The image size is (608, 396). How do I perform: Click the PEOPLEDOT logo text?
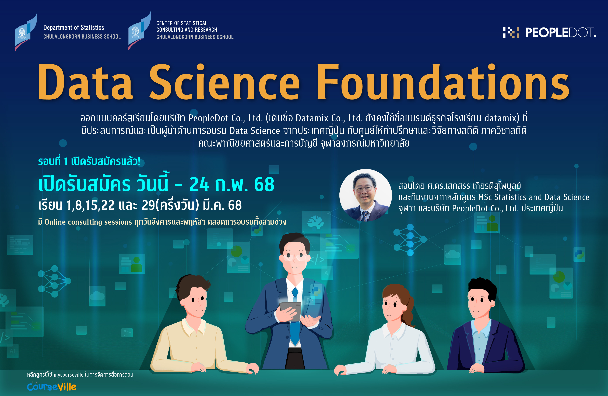[x=560, y=33]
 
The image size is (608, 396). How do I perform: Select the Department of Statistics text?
[x=74, y=28]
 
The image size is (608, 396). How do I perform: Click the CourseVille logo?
[x=52, y=387]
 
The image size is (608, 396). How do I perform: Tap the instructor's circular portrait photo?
[x=365, y=195]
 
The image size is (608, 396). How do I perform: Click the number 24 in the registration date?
[x=199, y=184]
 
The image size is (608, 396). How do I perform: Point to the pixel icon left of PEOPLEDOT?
[x=511, y=32]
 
